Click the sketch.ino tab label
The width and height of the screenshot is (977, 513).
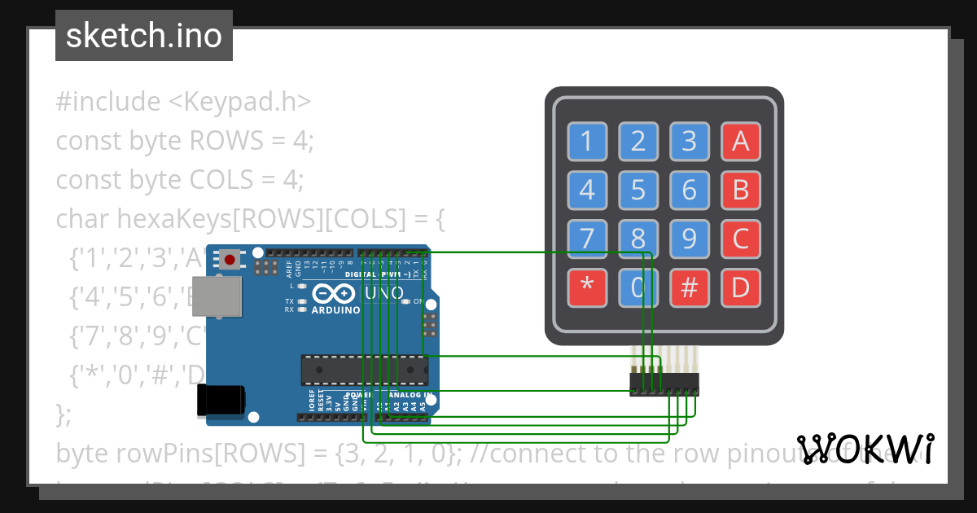pos(143,36)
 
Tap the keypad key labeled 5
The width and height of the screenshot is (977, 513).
pos(638,190)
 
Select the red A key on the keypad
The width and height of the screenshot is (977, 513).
pos(740,142)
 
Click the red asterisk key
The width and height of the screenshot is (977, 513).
pos(587,287)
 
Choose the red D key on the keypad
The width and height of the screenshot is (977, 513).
pos(740,287)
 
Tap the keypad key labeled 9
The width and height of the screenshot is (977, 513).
pos(690,239)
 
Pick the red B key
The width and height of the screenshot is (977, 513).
pos(740,190)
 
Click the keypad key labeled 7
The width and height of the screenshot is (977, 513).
pos(587,239)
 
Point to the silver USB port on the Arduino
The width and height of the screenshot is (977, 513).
pos(217,296)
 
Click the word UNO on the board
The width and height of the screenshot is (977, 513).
pos(385,292)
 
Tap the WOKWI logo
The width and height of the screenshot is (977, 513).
pos(865,448)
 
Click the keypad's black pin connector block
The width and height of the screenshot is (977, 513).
pos(664,384)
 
